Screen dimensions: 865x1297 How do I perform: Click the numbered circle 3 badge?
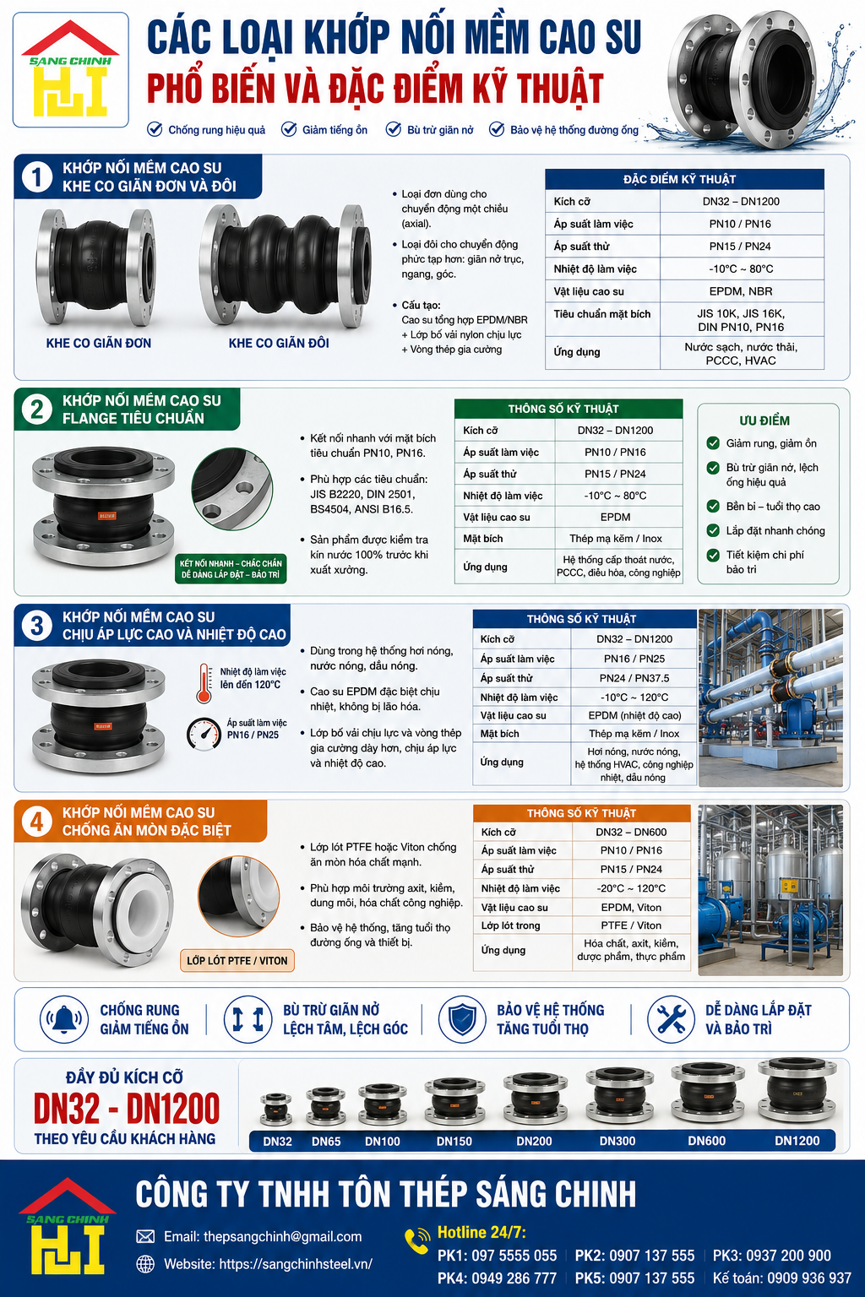[x=37, y=626]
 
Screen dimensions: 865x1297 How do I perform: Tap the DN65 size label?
[x=326, y=1142]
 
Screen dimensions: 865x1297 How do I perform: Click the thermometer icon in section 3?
[x=204, y=683]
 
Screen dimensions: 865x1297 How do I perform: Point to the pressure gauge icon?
[x=204, y=734]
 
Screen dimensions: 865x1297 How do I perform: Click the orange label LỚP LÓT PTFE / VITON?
[x=237, y=961]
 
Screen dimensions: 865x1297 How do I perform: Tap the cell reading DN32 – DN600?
[x=631, y=832]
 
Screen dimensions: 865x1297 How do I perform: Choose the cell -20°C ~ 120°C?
[x=631, y=887]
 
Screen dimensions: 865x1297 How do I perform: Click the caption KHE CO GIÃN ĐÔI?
[x=279, y=343]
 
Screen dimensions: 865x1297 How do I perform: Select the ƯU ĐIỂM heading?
[x=764, y=421]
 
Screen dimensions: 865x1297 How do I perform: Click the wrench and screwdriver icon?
[x=671, y=1019]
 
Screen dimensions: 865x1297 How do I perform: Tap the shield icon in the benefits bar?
[x=461, y=1019]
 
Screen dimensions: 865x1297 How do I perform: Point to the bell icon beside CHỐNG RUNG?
[x=63, y=1019]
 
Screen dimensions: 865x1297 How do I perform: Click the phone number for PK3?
[x=788, y=1256]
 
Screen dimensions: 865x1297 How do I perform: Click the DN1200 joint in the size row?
[x=797, y=1093]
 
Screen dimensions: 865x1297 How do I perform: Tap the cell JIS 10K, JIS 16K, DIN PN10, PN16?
[x=741, y=320]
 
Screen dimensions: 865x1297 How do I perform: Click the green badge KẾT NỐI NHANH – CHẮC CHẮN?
[x=231, y=568]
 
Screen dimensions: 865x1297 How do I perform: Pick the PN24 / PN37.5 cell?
[x=634, y=677]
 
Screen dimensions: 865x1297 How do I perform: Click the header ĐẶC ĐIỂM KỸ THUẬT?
[x=679, y=180]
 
